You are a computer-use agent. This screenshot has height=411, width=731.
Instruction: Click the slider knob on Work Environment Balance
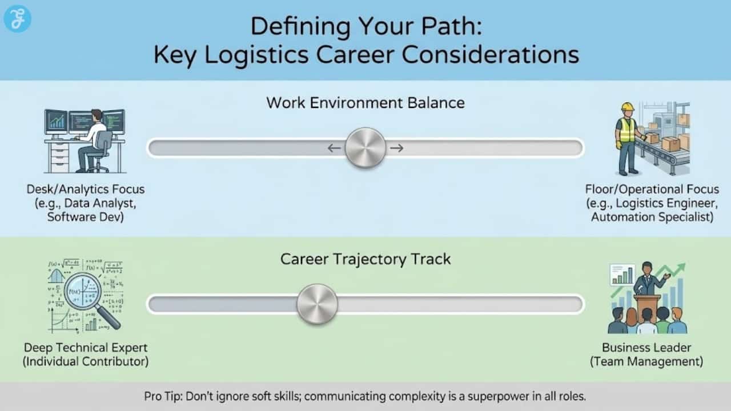pos(365,148)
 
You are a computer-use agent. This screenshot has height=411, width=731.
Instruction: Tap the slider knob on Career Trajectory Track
pos(317,304)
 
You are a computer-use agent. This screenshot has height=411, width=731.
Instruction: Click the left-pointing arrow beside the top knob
pos(334,148)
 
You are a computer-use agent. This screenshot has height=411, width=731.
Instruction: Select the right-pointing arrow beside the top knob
pos(397,148)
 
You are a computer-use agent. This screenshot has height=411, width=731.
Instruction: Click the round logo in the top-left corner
pos(17,19)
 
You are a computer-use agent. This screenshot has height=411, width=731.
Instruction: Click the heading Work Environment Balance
pos(365,103)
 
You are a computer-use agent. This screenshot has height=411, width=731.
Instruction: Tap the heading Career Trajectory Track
pos(365,259)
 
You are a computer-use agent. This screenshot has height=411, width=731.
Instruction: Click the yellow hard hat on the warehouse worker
pos(628,107)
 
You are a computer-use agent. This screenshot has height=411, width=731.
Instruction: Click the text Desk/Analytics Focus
pos(86,189)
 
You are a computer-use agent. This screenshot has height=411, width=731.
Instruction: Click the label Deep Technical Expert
pos(86,347)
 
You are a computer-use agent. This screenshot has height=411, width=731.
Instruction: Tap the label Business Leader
pos(646,347)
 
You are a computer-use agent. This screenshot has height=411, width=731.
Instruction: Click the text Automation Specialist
pos(652,217)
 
